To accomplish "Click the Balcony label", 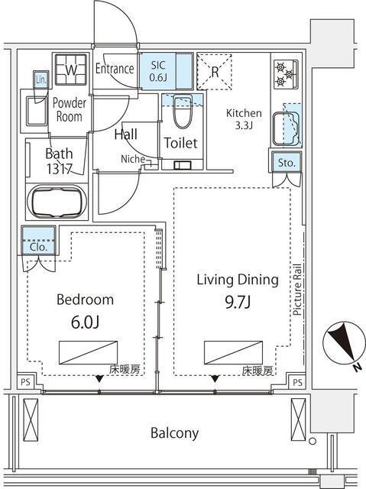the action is click(174, 433).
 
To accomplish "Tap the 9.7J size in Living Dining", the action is click(238, 302).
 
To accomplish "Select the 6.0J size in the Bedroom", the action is click(85, 322).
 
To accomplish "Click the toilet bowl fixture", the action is click(183, 112).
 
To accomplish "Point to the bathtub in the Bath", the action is click(57, 202).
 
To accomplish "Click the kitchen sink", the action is click(286, 128).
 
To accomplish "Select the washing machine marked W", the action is click(71, 70).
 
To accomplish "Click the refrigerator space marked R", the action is click(215, 72).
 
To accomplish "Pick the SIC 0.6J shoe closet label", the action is click(158, 71).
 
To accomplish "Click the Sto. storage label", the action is click(287, 163).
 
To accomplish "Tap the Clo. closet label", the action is click(39, 247).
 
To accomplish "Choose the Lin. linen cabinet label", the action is click(40, 79).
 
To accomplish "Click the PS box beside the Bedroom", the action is click(25, 382).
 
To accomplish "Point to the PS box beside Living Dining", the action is click(297, 382).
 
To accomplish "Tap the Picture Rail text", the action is click(297, 290).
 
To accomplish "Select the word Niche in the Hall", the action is click(133, 159).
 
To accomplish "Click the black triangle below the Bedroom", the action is click(99, 379).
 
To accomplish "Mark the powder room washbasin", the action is click(37, 111).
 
